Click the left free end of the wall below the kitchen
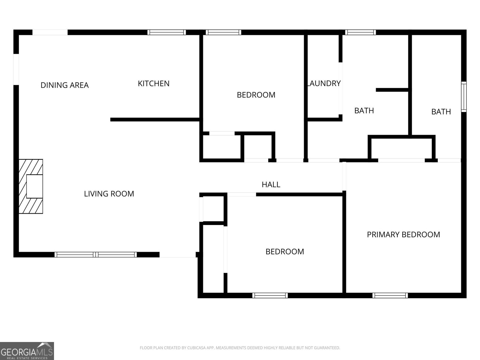click(x=111, y=120)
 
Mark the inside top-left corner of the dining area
click(x=19, y=35)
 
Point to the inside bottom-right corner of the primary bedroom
click(x=461, y=292)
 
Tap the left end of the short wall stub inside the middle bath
click(x=376, y=90)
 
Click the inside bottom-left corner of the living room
click(x=19, y=252)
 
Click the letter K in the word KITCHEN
click(x=140, y=83)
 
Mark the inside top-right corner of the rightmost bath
click(x=461, y=35)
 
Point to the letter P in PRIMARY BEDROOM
click(x=369, y=235)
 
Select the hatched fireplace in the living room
click(x=31, y=186)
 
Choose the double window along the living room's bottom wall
click(x=96, y=255)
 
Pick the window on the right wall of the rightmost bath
click(x=464, y=97)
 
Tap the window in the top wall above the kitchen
click(x=166, y=32)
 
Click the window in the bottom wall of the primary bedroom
click(x=390, y=295)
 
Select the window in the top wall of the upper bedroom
click(x=223, y=32)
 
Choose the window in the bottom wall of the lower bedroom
click(x=270, y=295)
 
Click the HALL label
click(x=271, y=185)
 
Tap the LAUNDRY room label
click(x=324, y=83)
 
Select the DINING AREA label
click(x=65, y=85)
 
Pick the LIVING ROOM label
click(x=109, y=194)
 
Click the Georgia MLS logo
click(x=27, y=351)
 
